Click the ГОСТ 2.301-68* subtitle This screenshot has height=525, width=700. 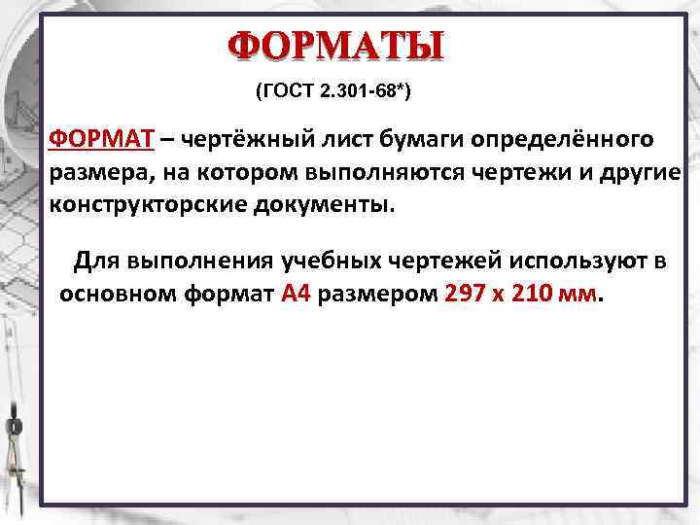(x=332, y=92)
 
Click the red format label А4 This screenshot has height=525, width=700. (x=295, y=294)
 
